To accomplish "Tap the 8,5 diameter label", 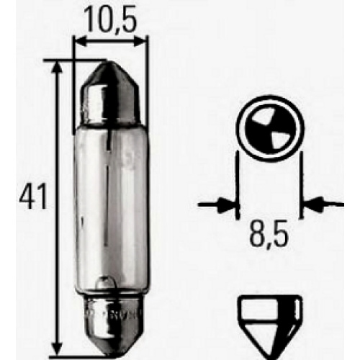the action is coord(269,233).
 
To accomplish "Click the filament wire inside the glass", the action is coord(109,192).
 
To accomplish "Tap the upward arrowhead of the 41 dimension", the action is coord(57,67).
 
